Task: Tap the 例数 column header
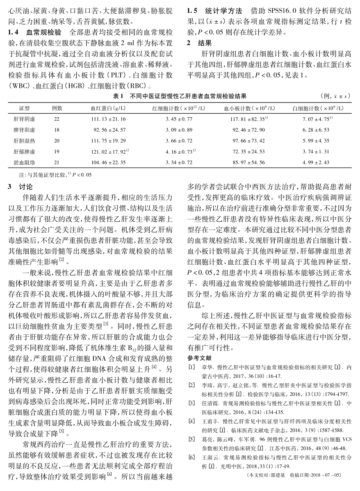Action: point(57,108)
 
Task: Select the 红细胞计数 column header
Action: point(179,108)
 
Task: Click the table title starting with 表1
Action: point(180,96)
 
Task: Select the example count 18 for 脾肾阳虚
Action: point(57,130)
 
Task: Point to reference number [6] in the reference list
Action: point(191,456)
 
